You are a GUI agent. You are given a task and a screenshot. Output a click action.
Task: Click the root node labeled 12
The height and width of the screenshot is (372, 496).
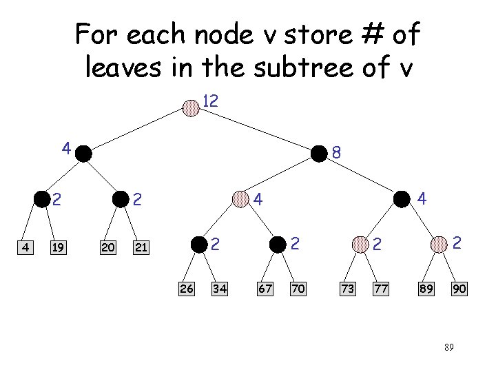point(192,108)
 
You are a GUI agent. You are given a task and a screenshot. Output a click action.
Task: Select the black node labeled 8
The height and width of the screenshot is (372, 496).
point(319,153)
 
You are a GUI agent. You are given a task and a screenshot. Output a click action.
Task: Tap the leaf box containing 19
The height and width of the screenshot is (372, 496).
point(58,247)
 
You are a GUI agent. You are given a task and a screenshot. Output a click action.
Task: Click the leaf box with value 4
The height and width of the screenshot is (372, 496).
point(25,247)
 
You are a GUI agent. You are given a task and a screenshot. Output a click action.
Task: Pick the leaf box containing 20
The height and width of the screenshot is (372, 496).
point(108,247)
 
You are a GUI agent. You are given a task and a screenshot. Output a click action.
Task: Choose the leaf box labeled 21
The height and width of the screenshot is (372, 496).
point(141,247)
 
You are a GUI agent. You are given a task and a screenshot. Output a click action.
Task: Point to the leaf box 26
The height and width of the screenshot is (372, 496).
point(186,289)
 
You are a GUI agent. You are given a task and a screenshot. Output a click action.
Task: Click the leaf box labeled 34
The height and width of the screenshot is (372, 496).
point(220,289)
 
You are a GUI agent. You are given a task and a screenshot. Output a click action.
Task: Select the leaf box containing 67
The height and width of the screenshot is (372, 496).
point(265,289)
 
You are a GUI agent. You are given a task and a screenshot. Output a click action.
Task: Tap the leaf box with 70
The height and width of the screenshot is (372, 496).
point(298,289)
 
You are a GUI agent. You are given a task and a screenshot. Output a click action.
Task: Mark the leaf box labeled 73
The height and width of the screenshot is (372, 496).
point(348,289)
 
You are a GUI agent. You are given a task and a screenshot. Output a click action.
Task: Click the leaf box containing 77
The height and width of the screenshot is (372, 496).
point(381,289)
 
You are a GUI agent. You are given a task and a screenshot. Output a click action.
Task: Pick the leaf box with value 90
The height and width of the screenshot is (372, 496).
point(459,289)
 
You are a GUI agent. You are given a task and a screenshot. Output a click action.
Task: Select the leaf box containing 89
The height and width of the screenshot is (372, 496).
point(426,289)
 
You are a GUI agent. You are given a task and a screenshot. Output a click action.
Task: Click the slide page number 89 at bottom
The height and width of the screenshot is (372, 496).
point(448,348)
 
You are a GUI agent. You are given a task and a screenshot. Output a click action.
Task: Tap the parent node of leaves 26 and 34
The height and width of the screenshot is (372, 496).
point(199,244)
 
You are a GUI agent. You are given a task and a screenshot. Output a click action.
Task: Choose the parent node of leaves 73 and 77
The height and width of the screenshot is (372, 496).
point(360,244)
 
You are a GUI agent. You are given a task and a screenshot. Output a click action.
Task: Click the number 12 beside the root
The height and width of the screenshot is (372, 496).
point(210,101)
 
